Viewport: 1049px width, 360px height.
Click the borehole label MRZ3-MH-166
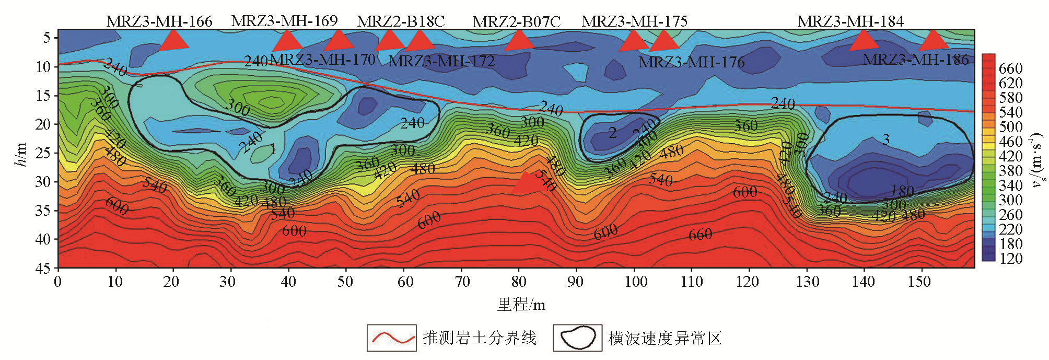point(159,21)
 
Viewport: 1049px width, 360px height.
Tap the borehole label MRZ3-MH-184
point(850,21)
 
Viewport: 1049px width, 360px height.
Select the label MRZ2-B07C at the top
point(516,22)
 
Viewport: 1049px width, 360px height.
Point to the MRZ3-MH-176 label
point(691,62)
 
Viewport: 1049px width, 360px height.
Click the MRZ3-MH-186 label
point(915,60)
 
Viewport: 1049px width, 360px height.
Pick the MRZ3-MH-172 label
point(441,61)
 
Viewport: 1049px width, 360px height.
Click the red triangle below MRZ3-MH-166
point(173,40)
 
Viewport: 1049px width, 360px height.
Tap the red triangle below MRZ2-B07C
point(519,40)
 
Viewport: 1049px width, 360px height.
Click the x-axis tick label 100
point(635,282)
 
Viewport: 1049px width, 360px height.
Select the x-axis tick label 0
point(57,282)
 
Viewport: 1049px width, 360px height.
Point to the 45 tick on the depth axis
point(43,269)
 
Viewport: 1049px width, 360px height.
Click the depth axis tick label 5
point(47,38)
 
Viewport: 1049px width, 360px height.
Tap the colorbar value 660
point(1010,68)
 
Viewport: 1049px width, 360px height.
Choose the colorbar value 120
point(1010,259)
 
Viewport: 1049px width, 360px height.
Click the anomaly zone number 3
point(885,139)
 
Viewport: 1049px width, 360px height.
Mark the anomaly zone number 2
point(612,133)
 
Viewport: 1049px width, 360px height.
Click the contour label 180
point(902,191)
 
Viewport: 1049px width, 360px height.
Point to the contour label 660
point(700,235)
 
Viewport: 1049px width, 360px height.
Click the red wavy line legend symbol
point(391,338)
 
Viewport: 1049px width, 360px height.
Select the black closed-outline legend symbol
point(577,338)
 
